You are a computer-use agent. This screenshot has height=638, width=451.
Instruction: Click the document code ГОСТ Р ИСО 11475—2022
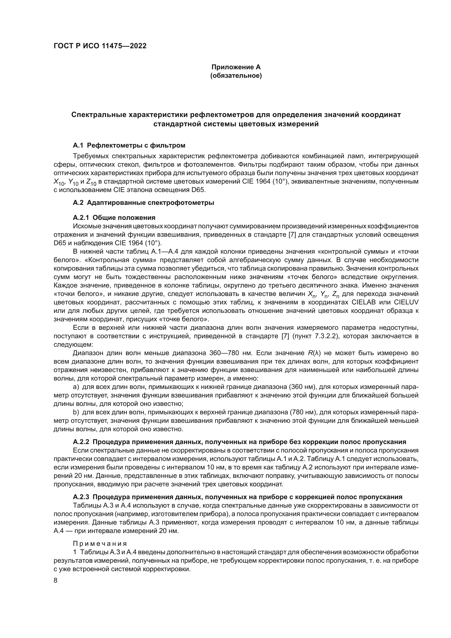point(100,46)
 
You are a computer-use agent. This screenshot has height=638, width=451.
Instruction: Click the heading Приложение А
point(236,67)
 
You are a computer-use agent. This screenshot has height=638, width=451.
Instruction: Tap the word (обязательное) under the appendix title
point(236,76)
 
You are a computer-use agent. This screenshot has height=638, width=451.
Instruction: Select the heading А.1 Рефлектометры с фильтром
point(129,145)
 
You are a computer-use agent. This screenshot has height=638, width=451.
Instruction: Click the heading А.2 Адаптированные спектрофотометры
point(143,203)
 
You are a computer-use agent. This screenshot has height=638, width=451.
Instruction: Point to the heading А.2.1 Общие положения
point(114,217)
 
